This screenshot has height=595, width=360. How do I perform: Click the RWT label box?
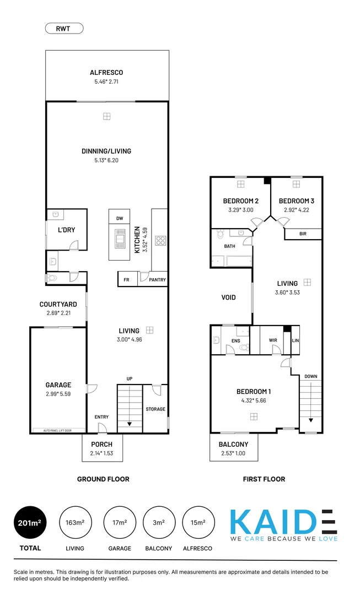point(64,28)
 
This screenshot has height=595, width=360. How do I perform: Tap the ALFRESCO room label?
point(106,72)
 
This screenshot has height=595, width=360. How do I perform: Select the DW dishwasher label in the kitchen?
point(119,219)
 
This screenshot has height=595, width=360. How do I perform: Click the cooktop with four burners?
point(160,240)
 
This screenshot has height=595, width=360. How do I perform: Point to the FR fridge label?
point(126,280)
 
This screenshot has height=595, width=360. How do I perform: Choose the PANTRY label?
point(157,280)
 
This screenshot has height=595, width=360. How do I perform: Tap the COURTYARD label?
point(58,304)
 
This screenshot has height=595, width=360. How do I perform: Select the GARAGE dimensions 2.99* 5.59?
point(58,394)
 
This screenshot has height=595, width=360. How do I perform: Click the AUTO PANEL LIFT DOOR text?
point(58,430)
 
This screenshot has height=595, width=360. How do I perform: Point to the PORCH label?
point(102,444)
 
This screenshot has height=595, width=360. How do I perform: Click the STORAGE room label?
point(155,409)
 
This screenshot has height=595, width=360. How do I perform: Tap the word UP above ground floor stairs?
point(130,379)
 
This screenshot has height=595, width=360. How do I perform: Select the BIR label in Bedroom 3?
point(303,234)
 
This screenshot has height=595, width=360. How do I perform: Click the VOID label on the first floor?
point(229,297)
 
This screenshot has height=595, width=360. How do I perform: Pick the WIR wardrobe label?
point(273,340)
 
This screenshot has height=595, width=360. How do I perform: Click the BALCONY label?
point(233,444)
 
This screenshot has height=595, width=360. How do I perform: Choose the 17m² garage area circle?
point(120,522)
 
